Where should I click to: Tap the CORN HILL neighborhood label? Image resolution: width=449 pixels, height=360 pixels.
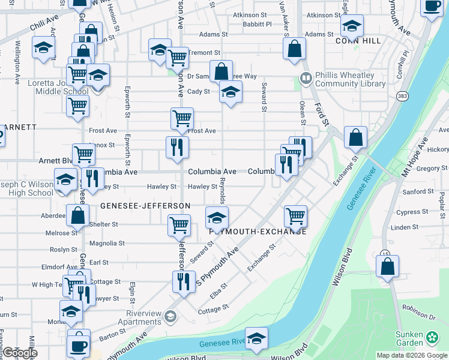tap(358, 41)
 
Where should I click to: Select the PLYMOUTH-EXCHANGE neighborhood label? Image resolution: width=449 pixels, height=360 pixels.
tap(258, 232)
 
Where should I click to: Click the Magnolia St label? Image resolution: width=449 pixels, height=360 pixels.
tap(107, 244)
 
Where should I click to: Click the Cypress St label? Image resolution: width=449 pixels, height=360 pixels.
tap(412, 212)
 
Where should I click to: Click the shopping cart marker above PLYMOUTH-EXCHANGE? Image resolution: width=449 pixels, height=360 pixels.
tap(295, 215)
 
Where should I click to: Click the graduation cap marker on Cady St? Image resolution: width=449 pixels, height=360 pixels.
tap(229, 92)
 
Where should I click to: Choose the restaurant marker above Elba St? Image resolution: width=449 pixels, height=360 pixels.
tap(184, 281)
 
